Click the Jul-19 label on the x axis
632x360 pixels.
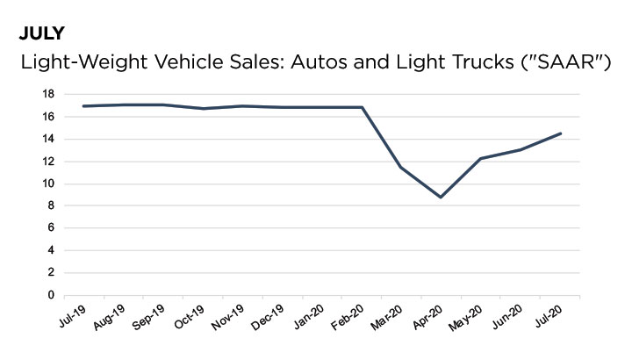click(x=72, y=315)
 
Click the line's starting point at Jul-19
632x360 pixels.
click(x=83, y=106)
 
